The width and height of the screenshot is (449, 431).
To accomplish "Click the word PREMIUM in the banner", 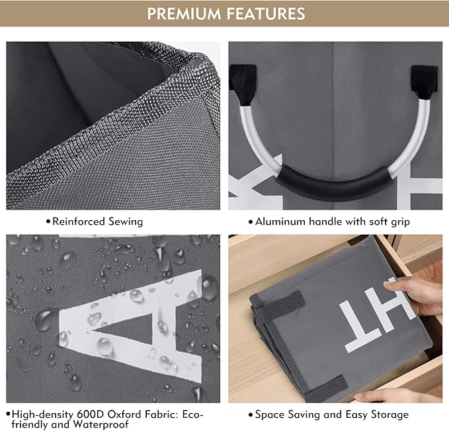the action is click(184, 14).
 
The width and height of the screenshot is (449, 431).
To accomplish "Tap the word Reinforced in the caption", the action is click(79, 221).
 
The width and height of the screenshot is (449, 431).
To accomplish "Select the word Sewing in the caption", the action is click(126, 222).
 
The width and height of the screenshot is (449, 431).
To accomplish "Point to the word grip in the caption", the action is click(400, 222).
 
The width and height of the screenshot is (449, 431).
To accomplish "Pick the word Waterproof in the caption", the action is click(101, 424).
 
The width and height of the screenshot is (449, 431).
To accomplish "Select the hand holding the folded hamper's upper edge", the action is click(415, 295).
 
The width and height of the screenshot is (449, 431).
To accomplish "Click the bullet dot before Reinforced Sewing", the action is click(48, 222).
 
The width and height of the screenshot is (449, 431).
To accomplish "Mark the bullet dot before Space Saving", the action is click(251, 415).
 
